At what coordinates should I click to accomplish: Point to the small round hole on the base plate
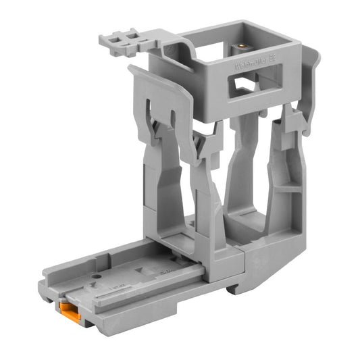click(x=101, y=276)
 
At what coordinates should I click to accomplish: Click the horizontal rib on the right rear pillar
click(x=287, y=190)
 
